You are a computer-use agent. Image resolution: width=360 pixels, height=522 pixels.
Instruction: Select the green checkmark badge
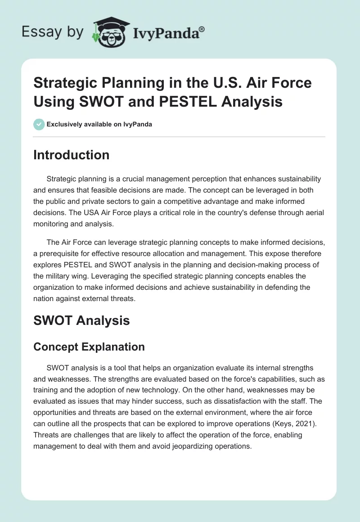(39, 124)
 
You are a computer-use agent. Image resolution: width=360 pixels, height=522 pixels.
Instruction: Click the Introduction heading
(72, 155)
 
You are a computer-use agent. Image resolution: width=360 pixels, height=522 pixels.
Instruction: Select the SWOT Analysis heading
(81, 320)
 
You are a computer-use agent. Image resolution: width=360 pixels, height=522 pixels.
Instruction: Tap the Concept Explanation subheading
(89, 347)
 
